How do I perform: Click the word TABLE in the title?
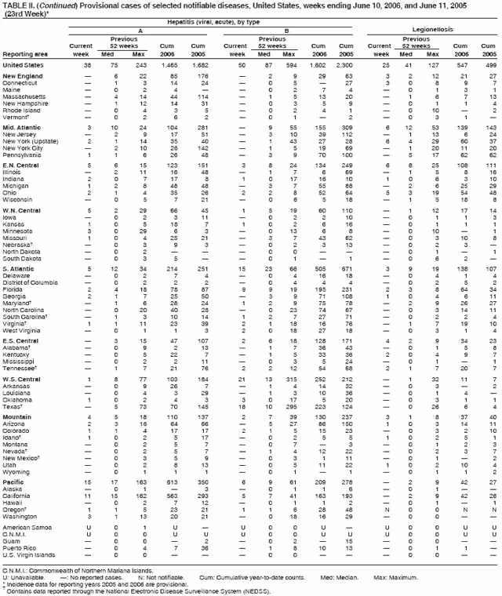tap(14, 4)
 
